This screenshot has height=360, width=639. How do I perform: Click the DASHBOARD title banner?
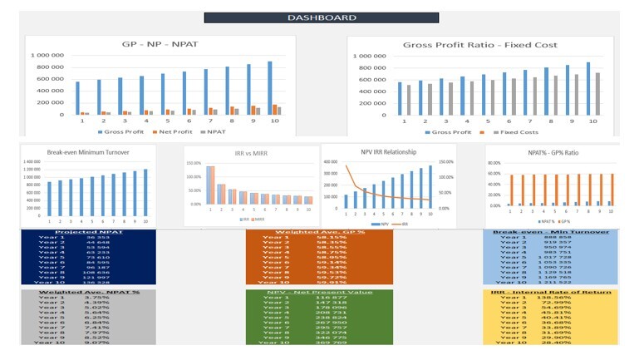pyautogui.click(x=310, y=17)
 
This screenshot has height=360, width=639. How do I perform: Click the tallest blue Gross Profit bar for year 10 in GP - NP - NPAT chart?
pyautogui.click(x=269, y=87)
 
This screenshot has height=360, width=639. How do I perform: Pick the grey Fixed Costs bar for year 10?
pyautogui.click(x=597, y=93)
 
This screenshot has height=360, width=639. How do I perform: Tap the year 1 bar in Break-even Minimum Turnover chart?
pyautogui.click(x=49, y=199)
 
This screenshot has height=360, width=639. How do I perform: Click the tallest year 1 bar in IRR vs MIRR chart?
pyautogui.click(x=210, y=185)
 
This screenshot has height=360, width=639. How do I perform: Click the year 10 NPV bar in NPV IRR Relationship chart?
pyautogui.click(x=430, y=186)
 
